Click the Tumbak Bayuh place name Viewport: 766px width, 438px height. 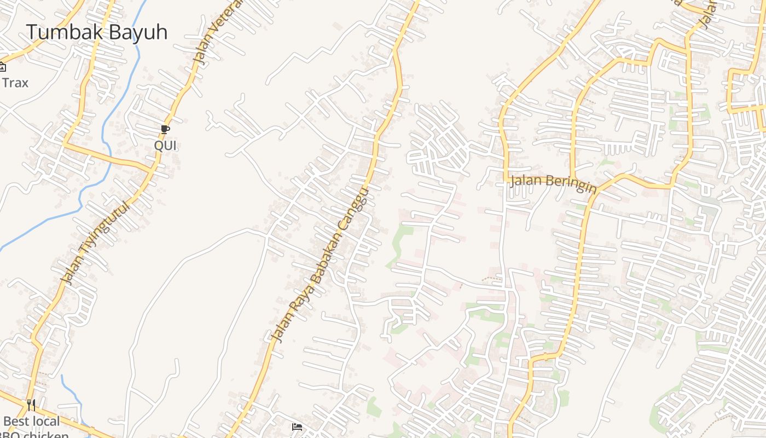click(96, 32)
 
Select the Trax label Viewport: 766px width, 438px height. click(15, 83)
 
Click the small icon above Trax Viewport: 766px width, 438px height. click(2, 67)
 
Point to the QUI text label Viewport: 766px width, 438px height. click(165, 146)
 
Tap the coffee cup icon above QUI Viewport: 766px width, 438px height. click(165, 130)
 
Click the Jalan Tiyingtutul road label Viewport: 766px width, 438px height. click(96, 242)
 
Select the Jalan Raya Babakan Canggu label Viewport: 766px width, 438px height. click(321, 265)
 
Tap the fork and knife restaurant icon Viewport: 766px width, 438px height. click(31, 405)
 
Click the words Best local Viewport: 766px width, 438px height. click(31, 422)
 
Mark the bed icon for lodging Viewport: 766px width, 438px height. click(297, 427)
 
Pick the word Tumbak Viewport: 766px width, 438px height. click(65, 32)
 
